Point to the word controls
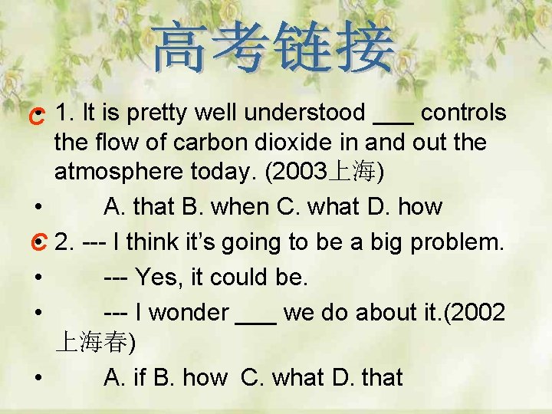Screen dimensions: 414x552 tap(464, 113)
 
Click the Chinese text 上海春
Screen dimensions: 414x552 tap(92, 343)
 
